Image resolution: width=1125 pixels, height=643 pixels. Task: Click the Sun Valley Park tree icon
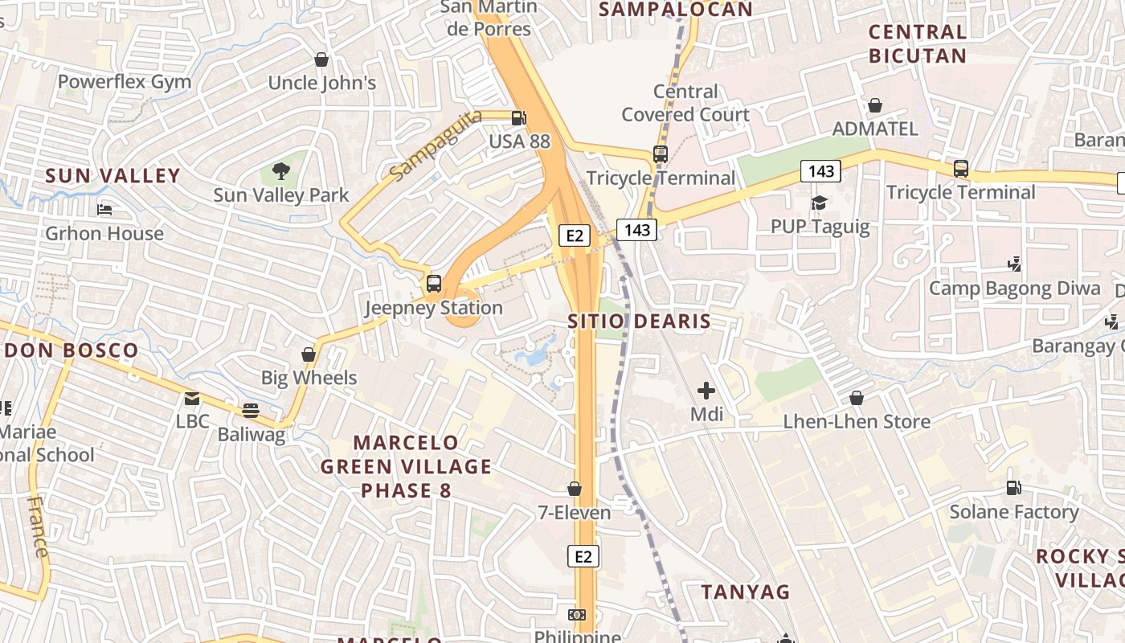[x=280, y=170]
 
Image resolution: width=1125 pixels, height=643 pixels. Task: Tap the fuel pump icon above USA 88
[x=519, y=117]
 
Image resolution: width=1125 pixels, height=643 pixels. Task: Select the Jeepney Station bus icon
[x=434, y=283]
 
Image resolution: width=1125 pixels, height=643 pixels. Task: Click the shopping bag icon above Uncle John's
[x=321, y=59]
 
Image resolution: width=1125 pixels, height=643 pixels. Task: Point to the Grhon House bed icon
[x=104, y=210]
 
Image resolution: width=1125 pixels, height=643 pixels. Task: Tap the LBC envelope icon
[x=192, y=398]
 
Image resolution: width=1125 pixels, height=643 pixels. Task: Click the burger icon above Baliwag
[x=251, y=411]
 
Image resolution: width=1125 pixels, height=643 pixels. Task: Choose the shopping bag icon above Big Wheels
[x=308, y=354]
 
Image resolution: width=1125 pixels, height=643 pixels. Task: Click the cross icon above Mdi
[x=706, y=391]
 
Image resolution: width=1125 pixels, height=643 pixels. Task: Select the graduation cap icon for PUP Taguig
[x=819, y=203]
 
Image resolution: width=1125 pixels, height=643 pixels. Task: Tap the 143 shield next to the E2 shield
[x=637, y=230]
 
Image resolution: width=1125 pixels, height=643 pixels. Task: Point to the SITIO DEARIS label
[x=639, y=321]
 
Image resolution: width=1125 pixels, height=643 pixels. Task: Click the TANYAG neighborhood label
[x=746, y=592]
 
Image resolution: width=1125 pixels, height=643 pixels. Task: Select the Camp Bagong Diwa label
[x=1015, y=288]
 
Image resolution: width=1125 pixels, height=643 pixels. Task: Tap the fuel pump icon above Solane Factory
[x=1014, y=488]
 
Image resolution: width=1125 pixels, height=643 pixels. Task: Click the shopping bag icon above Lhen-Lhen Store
[x=857, y=398]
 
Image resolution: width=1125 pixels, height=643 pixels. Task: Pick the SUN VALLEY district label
[x=112, y=176]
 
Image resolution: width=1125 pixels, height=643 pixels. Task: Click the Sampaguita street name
[x=436, y=145]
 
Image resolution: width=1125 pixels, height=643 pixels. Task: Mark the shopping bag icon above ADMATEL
[x=875, y=105]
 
